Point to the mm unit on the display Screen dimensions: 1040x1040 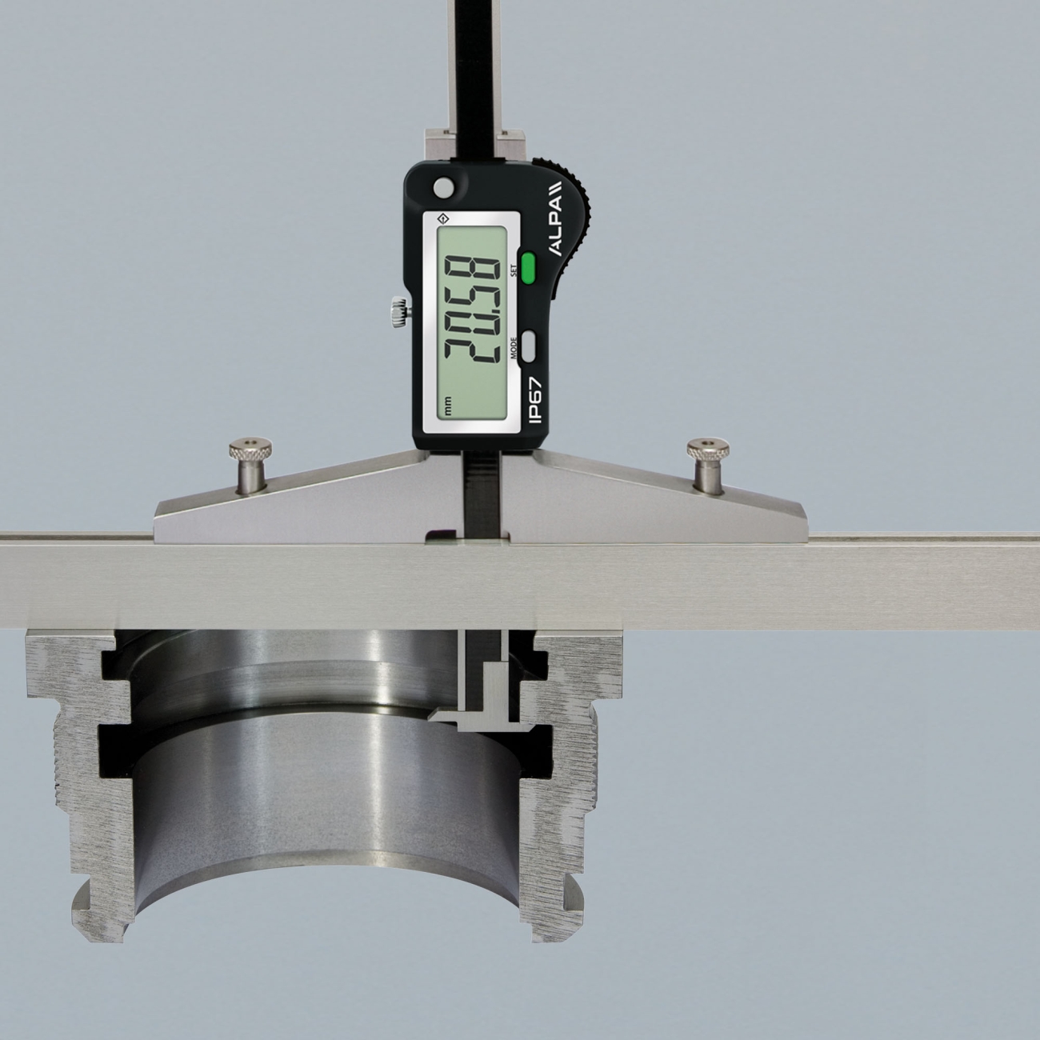(x=447, y=408)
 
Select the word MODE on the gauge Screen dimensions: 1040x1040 (x=514, y=347)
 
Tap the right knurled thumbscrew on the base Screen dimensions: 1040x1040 (x=708, y=465)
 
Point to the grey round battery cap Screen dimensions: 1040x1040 (x=444, y=187)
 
